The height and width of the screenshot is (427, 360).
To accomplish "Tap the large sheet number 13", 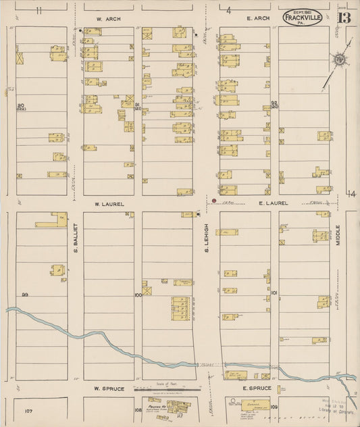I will [x=344, y=18].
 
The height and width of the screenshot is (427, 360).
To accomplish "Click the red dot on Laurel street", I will [x=213, y=201].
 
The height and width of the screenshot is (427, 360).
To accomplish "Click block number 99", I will [x=26, y=295].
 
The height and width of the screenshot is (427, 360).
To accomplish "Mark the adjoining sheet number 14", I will [x=351, y=194].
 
